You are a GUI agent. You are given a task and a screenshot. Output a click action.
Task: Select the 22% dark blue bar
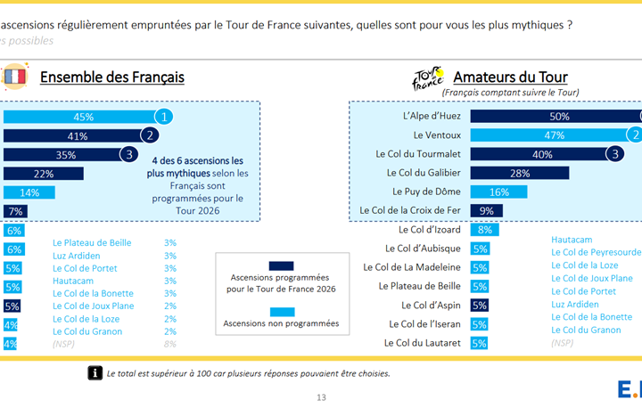coord(44,174)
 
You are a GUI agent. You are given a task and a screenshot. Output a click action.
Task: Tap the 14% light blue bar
coord(29,192)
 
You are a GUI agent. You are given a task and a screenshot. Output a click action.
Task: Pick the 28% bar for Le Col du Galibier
coord(520,173)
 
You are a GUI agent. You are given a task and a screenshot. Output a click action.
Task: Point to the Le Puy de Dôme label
coord(426,192)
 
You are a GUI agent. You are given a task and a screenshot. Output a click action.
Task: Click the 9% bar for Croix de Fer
coord(487,210)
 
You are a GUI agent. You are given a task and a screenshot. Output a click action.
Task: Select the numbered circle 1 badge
coord(164,117)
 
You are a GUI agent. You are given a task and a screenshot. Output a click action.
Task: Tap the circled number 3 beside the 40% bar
coord(615,154)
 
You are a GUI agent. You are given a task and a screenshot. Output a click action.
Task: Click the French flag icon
coord(15,77)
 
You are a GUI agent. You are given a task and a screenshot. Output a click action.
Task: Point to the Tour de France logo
coord(428,77)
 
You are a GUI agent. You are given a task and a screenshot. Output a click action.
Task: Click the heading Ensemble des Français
coord(112,77)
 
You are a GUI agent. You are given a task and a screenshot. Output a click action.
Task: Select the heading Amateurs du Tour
coord(510,77)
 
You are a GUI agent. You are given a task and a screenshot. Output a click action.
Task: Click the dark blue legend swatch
coord(281,265)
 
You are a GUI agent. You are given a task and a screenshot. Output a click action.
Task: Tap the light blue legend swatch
coord(282,312)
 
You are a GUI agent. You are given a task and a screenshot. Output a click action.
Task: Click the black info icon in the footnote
coord(95,373)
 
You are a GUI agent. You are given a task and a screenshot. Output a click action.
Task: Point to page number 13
coord(321,397)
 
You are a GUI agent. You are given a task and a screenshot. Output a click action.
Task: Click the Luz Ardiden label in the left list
coord(76,256)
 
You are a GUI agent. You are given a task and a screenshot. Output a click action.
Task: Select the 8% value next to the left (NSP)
coord(170,344)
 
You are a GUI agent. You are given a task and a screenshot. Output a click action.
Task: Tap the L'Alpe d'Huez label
coord(432,116)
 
